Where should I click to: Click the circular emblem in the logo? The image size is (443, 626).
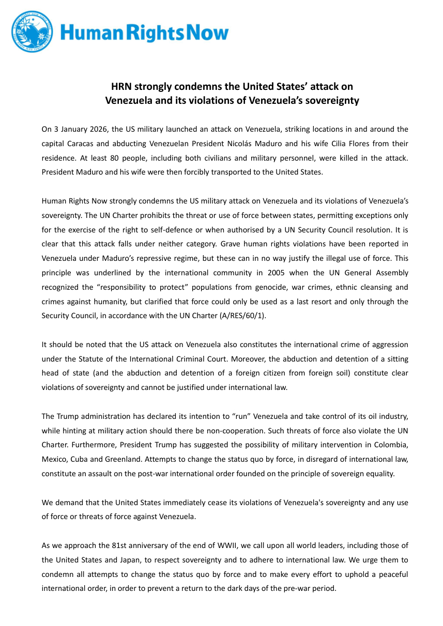32,32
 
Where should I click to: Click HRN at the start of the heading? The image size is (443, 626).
121,86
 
